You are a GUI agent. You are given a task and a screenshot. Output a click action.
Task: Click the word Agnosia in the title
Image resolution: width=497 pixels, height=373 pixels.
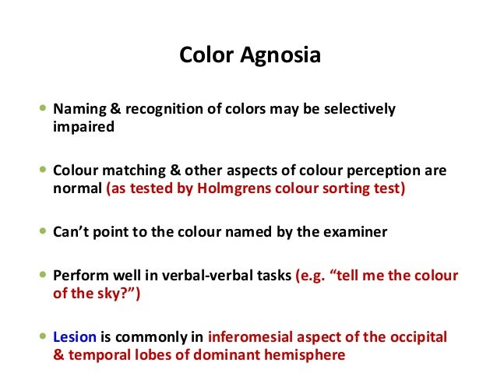[285, 57]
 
